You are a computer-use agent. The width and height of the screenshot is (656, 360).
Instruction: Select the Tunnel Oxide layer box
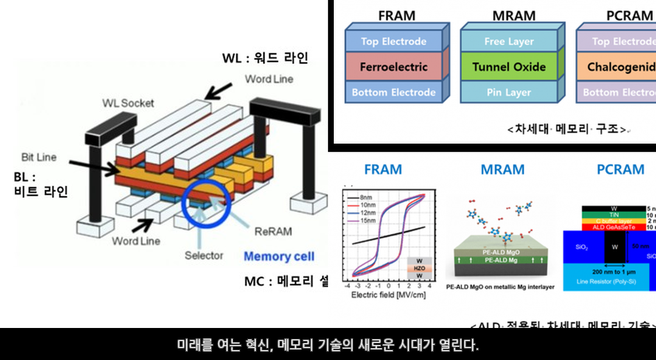click(x=509, y=67)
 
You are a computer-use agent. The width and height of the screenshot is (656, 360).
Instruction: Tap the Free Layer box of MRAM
click(x=509, y=42)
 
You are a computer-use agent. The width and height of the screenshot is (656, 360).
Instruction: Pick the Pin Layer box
click(x=509, y=92)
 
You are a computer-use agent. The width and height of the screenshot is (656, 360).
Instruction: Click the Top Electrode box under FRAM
click(x=393, y=42)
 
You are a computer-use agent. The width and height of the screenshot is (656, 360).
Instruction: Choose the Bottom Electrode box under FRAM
click(x=393, y=92)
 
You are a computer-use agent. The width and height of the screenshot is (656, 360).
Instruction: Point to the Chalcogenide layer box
click(x=619, y=67)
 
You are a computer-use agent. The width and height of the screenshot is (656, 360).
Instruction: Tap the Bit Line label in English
click(x=38, y=157)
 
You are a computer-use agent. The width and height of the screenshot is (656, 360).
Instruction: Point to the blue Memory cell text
click(x=279, y=256)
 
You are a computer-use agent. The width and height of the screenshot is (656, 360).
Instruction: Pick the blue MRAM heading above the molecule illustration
click(x=502, y=170)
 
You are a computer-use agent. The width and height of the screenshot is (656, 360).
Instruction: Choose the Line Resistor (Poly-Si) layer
click(x=609, y=282)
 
